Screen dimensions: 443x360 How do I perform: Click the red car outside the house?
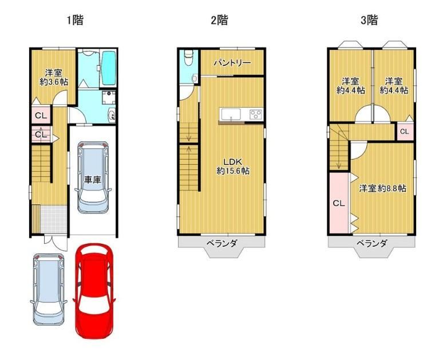(94, 291)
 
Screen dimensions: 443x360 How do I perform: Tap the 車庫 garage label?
(92, 180)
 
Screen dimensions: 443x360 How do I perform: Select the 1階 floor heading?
(75, 20)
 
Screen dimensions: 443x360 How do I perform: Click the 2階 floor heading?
(220, 20)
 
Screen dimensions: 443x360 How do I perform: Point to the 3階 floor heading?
(369, 20)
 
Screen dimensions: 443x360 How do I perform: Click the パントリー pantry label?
(232, 62)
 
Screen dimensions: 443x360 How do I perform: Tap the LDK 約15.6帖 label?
(233, 167)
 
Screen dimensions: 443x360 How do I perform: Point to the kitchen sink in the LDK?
(231, 114)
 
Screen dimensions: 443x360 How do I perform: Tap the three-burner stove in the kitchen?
(256, 114)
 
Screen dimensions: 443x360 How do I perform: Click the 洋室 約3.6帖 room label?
(54, 77)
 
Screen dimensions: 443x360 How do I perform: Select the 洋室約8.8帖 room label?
(382, 188)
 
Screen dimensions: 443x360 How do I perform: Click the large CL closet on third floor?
(339, 203)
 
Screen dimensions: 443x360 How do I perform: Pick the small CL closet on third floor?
(404, 132)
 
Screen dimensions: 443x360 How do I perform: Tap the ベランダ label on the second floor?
(221, 243)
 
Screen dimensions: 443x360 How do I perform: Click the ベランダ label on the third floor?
(371, 243)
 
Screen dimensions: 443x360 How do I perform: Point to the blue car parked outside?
(49, 290)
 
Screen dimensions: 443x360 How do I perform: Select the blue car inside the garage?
(93, 177)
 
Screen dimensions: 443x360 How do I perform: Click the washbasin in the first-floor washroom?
(112, 115)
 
